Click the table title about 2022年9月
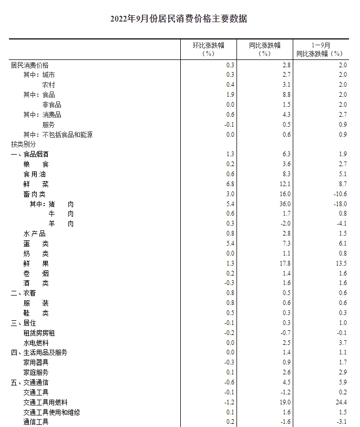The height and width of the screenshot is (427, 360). click(179, 19)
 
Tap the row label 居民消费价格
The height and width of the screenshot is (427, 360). click(29, 65)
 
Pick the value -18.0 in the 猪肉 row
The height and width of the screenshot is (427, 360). click(340, 204)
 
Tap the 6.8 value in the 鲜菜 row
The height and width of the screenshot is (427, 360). click(230, 184)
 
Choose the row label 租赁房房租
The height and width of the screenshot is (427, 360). click(39, 333)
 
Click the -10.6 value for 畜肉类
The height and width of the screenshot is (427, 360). click(340, 194)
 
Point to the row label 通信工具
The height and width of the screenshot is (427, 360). click(36, 422)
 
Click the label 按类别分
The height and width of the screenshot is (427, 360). click(23, 144)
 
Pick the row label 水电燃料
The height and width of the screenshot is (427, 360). click(36, 343)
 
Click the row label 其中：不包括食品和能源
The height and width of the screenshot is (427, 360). click(58, 135)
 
